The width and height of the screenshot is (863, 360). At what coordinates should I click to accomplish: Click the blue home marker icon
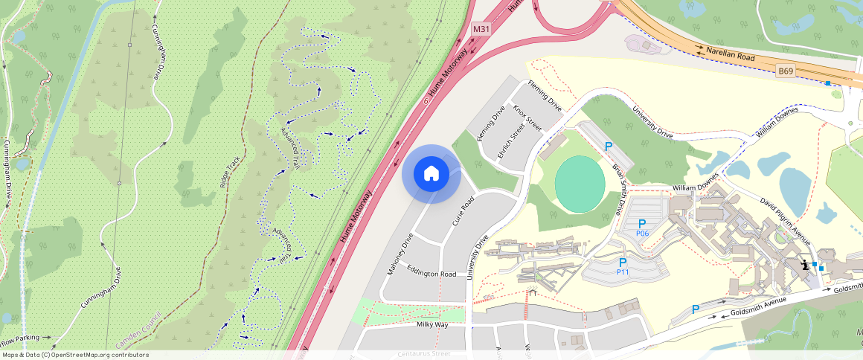coord(431,174)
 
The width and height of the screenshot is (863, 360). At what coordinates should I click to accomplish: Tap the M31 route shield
coord(481,29)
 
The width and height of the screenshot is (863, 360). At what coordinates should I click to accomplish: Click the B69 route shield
coord(786,71)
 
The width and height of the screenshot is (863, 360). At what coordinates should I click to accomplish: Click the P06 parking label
coord(643,234)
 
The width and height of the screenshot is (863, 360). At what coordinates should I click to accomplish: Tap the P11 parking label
coord(623,272)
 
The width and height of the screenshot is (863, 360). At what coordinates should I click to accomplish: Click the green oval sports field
coord(580,184)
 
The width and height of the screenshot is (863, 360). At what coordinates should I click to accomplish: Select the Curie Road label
coord(463,212)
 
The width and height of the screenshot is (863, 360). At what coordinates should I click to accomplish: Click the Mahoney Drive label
coord(400,254)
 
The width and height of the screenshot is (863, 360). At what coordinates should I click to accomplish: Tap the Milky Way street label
coord(431,325)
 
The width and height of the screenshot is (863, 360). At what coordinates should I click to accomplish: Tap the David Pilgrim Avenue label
coord(784,220)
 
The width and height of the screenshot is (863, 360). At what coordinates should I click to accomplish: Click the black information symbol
coord(804,265)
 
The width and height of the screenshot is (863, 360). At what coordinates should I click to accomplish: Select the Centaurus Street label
coord(424,354)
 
